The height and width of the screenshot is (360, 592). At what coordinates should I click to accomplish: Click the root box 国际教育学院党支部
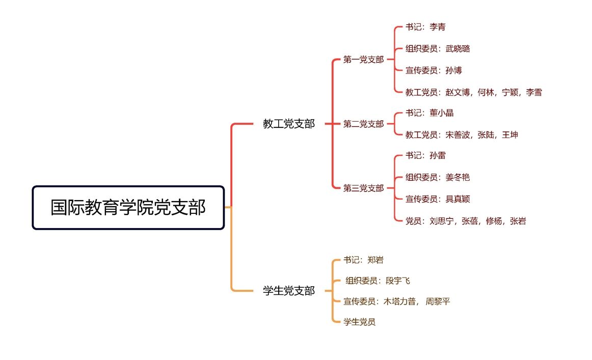click(128, 208)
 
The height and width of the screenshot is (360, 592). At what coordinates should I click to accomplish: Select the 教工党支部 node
click(289, 124)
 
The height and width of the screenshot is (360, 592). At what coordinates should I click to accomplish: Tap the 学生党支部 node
click(289, 291)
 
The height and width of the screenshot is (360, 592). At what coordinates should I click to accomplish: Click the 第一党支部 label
click(363, 60)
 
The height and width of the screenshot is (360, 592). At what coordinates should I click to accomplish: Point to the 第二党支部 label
click(363, 124)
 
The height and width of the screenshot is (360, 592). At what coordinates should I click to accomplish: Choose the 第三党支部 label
click(363, 188)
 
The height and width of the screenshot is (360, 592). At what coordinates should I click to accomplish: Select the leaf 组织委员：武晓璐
click(438, 49)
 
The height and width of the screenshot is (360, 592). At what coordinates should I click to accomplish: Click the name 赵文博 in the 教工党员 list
click(458, 92)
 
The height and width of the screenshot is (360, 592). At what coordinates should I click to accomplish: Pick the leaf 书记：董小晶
click(429, 113)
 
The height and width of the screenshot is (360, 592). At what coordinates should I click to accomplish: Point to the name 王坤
click(510, 135)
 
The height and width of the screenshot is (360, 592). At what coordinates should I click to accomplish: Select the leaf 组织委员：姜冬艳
click(438, 177)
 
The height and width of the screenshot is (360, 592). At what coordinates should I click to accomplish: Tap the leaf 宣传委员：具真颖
click(438, 199)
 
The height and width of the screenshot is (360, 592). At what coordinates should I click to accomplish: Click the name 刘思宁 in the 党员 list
click(442, 221)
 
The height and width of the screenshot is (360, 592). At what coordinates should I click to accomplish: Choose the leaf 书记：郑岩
click(363, 260)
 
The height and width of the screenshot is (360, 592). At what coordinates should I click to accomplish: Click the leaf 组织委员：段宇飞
click(378, 281)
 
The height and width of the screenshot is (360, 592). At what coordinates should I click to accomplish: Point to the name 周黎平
click(438, 301)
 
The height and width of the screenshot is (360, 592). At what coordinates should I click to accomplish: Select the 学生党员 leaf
click(359, 322)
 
